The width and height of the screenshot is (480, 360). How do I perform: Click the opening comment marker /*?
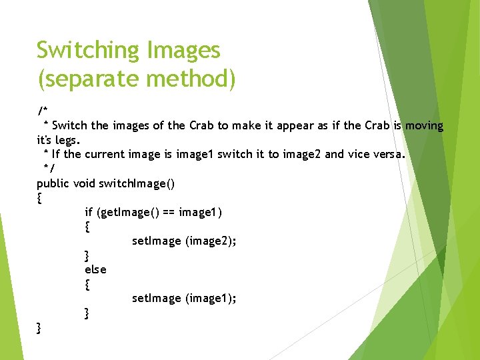click(x=42, y=110)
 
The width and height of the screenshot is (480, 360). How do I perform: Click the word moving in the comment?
click(x=424, y=125)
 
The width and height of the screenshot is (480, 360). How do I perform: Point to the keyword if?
click(x=89, y=213)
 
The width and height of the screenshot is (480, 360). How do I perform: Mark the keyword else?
click(x=95, y=269)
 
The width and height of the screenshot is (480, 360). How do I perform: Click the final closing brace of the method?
click(x=39, y=327)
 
